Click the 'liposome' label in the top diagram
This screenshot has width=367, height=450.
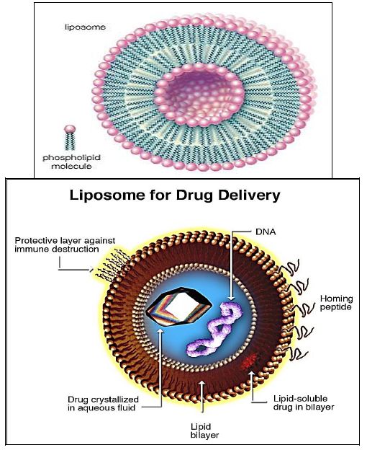85,27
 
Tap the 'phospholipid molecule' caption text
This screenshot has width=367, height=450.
71,162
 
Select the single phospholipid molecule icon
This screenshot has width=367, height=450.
70,138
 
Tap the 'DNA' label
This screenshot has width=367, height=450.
266,231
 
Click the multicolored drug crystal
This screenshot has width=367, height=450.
179,306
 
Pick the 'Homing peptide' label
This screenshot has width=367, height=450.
336,303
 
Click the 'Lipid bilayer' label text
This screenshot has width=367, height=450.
204,431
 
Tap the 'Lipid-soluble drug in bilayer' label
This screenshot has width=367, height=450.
304,402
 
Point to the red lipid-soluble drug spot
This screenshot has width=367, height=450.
249,362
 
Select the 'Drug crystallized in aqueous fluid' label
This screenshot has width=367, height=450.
103,404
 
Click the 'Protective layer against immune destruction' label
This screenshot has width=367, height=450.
65,244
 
